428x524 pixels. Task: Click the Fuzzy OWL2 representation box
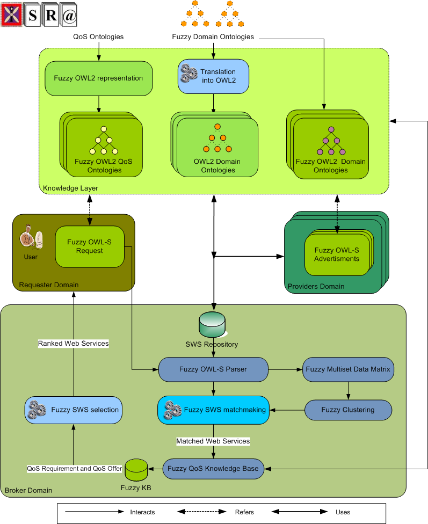pos(98,78)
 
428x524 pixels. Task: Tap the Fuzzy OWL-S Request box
pos(89,246)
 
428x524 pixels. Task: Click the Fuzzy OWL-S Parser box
pos(213,369)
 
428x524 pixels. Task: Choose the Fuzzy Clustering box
pos(348,410)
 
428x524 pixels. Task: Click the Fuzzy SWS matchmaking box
pos(213,410)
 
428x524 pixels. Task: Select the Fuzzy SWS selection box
pos(74,410)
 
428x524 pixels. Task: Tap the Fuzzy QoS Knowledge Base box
pos(213,468)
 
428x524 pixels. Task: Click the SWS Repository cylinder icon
pos(212,324)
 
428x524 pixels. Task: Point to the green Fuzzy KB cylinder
pos(136,469)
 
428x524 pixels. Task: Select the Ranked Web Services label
pos(73,343)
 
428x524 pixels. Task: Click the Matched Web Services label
pos(213,441)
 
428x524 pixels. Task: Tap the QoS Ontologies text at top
pos(98,37)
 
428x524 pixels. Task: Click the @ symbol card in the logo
pos(69,16)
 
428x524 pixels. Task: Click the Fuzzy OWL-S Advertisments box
pos(337,254)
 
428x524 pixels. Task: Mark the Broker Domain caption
pos(28,490)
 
